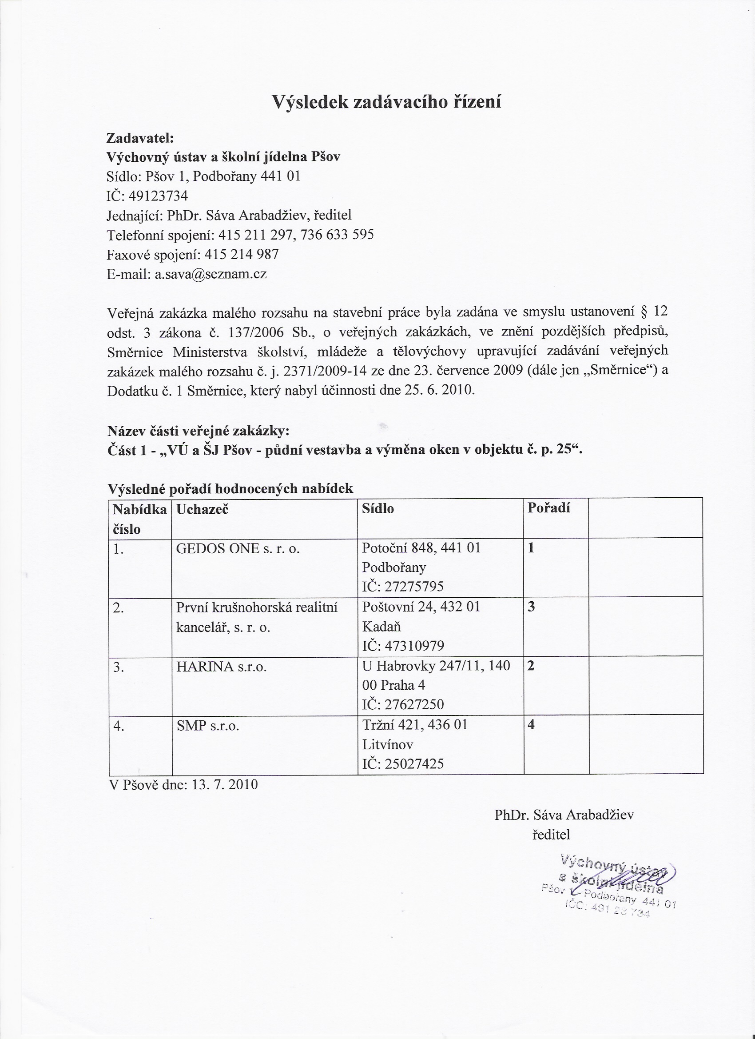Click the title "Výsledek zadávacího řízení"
(386, 102)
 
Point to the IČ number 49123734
(158, 196)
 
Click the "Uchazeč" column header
(203, 509)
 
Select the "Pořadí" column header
(548, 508)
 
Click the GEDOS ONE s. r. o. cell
(238, 548)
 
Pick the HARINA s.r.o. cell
(221, 667)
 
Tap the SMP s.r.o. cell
(208, 726)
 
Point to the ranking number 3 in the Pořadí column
(531, 607)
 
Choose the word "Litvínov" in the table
(387, 745)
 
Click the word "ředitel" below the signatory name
(551, 834)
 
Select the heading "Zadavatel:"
(140, 137)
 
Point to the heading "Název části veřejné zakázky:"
(198, 431)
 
